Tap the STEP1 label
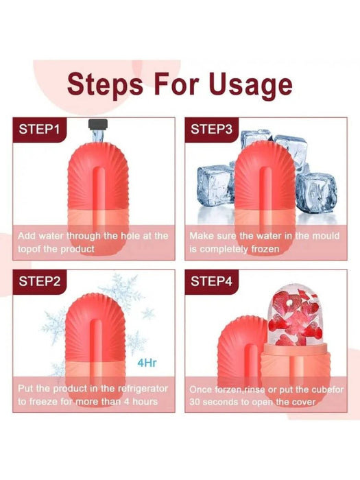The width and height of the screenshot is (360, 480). point(39,129)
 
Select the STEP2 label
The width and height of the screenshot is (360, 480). point(40,281)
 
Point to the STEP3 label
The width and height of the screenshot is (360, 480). point(211,129)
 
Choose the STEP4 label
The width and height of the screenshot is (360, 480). point(211,281)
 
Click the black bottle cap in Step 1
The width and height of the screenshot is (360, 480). point(98,123)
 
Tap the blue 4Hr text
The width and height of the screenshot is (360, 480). point(147,363)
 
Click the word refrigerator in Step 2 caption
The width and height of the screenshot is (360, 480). point(143,389)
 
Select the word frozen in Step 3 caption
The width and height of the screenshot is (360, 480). point(265,249)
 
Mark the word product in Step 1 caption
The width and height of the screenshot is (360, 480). point(77,249)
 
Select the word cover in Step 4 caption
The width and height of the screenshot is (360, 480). point(303,402)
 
